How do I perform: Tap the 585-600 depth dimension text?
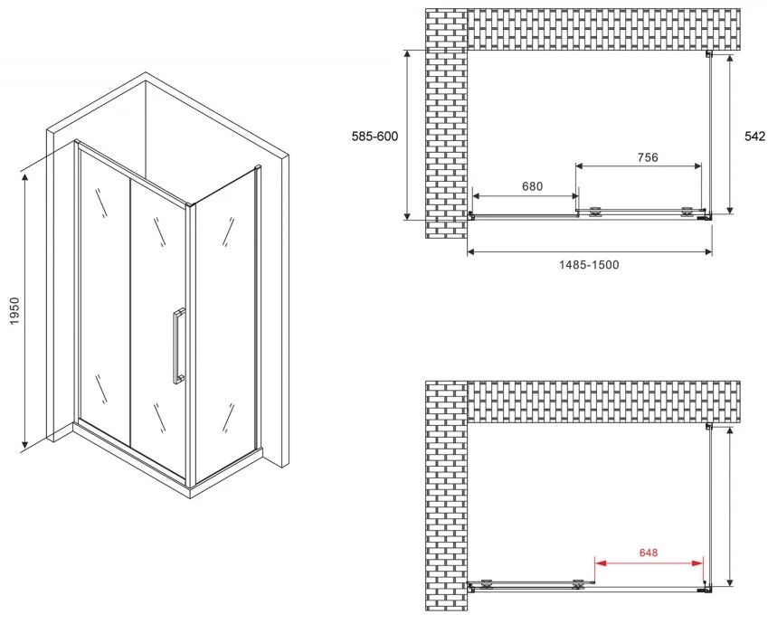click(x=375, y=137)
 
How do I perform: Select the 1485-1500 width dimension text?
click(x=589, y=265)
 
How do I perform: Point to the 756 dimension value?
click(x=648, y=157)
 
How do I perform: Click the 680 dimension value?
click(x=533, y=186)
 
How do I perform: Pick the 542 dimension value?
click(x=754, y=137)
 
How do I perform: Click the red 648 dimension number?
click(x=649, y=553)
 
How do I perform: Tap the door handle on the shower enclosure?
click(x=178, y=345)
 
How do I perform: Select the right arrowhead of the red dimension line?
click(x=698, y=563)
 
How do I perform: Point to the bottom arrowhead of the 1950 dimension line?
click(x=24, y=443)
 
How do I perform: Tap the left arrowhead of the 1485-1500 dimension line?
click(x=472, y=252)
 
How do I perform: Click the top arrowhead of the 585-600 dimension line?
click(x=406, y=55)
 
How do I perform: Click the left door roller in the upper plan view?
click(x=595, y=212)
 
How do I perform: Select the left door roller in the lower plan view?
click(x=488, y=583)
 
